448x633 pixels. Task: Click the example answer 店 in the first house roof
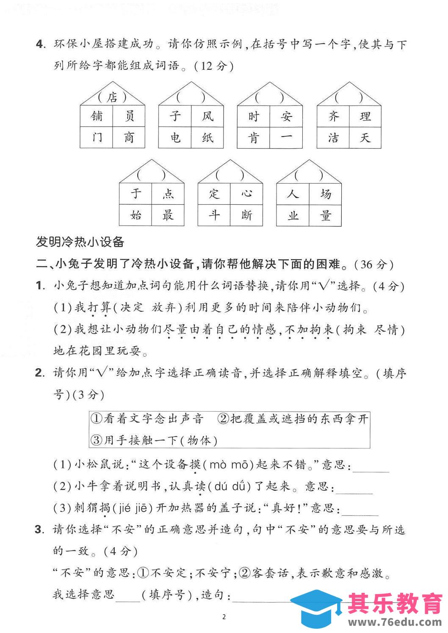click(112, 97)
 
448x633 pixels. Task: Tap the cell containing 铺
click(97, 116)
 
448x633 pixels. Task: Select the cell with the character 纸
click(207, 138)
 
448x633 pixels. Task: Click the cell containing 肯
click(254, 138)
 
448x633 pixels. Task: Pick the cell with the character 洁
click(333, 138)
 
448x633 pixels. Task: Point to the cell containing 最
click(168, 215)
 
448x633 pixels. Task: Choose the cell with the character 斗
click(214, 215)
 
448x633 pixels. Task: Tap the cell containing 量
click(326, 215)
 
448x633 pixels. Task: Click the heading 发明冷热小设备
click(80, 242)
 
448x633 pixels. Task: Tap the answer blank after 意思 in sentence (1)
click(371, 466)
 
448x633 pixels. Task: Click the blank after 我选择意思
click(127, 596)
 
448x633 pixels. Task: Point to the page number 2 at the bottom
click(224, 616)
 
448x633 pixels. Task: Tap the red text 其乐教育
click(394, 603)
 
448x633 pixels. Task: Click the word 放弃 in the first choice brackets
click(163, 308)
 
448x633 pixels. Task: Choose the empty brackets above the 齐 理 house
click(349, 98)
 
